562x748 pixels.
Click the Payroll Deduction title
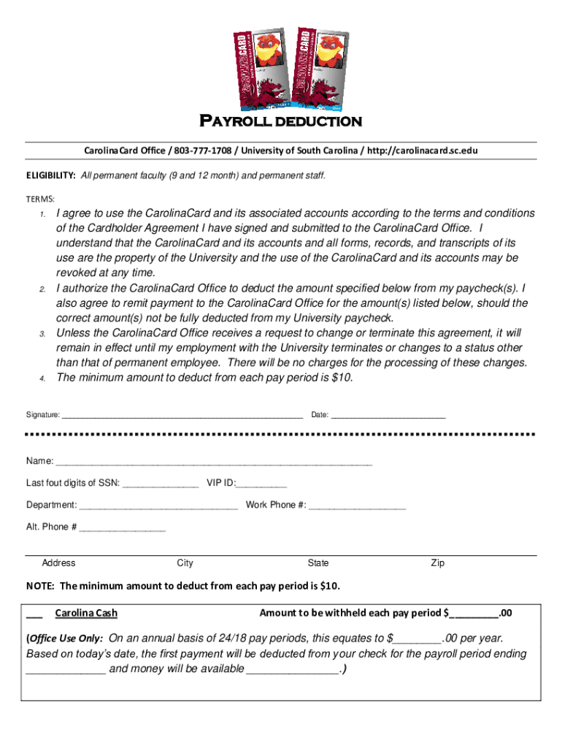click(281, 121)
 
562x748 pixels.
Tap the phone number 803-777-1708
click(203, 150)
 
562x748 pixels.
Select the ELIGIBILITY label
click(51, 176)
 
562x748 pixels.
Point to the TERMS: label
click(41, 199)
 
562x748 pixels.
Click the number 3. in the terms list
click(42, 334)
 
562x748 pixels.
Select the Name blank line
click(214, 462)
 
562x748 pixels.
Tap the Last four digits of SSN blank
click(161, 484)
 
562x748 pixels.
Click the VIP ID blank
click(262, 484)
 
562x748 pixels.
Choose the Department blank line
click(158, 505)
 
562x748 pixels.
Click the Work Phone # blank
click(357, 505)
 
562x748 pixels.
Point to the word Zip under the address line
click(437, 563)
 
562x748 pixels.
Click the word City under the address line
click(185, 563)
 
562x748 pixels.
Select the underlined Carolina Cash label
click(86, 613)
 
